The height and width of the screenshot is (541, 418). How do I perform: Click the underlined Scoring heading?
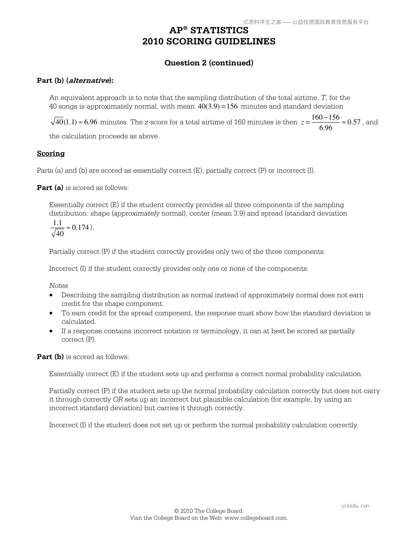pyautogui.click(x=51, y=153)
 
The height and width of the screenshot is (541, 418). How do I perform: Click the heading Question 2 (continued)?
pyautogui.click(x=209, y=63)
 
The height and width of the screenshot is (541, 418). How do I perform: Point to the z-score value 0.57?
pyautogui.click(x=354, y=122)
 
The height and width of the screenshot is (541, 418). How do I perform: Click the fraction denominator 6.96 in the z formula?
pyautogui.click(x=326, y=128)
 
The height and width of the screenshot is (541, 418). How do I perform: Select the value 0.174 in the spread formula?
pyautogui.click(x=81, y=227)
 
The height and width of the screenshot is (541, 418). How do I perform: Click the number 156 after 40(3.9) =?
pyautogui.click(x=232, y=107)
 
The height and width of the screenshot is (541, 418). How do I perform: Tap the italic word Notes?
pyautogui.click(x=58, y=286)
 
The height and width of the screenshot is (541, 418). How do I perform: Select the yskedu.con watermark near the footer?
pyautogui.click(x=355, y=506)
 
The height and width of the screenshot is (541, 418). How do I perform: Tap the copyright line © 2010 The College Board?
pyautogui.click(x=209, y=511)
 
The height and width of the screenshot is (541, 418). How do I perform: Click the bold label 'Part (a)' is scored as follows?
pyautogui.click(x=50, y=188)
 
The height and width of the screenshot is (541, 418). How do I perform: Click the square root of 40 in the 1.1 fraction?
pyautogui.click(x=57, y=234)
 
